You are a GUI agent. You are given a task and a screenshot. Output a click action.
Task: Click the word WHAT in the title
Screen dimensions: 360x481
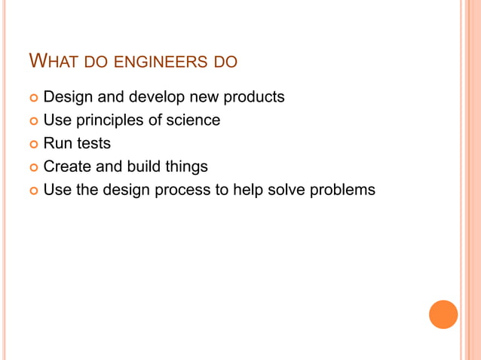coord(52,60)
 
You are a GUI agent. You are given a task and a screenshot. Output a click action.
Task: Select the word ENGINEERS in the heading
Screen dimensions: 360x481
coord(158,61)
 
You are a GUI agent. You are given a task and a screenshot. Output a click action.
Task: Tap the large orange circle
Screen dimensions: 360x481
coord(443,314)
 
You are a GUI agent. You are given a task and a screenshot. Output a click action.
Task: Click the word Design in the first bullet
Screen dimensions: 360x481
coord(66,97)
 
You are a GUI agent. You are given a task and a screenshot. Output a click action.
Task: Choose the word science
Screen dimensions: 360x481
coord(194,120)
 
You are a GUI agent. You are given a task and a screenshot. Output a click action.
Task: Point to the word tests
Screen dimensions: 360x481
coord(92,144)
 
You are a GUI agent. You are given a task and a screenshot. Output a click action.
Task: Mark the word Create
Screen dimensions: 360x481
coord(68,166)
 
